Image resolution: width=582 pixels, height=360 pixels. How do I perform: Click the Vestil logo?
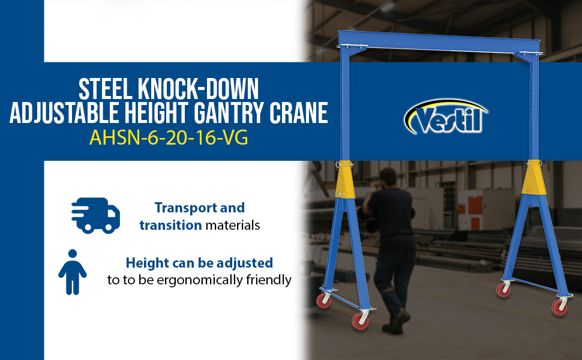445,117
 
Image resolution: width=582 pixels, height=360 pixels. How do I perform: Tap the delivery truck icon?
96,215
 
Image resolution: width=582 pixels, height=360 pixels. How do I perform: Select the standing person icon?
73,272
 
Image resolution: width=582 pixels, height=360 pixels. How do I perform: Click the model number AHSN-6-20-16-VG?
169,138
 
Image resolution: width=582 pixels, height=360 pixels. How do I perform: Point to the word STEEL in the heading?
106,89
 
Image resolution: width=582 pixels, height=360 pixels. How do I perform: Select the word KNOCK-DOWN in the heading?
198,89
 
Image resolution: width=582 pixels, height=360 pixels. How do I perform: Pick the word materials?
233,225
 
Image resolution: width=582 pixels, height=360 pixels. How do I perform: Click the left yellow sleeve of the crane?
344,180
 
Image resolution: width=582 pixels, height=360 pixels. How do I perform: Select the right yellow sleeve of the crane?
534,178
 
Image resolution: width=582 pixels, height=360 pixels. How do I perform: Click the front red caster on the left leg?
361,321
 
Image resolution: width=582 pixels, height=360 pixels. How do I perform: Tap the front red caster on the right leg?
559,307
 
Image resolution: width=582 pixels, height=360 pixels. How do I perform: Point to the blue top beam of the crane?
439,41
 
